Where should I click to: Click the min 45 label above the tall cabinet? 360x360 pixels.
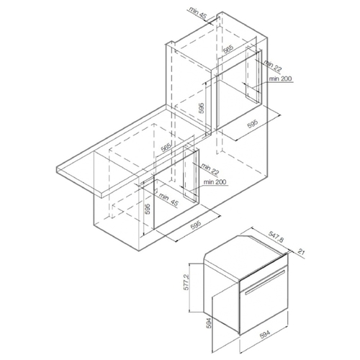(197, 13)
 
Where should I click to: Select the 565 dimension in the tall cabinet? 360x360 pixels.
(228, 49)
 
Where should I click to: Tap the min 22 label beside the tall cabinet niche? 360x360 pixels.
(272, 66)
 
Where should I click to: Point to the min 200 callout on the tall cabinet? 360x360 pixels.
(280, 78)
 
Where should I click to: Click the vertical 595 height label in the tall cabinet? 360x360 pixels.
(202, 108)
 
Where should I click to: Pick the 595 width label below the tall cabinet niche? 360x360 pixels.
(253, 124)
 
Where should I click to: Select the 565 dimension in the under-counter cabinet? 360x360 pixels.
(166, 147)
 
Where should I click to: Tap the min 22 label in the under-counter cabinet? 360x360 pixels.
(210, 169)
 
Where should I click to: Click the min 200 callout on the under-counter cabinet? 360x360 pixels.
(215, 182)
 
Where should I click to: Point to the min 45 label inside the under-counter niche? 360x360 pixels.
(168, 200)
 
